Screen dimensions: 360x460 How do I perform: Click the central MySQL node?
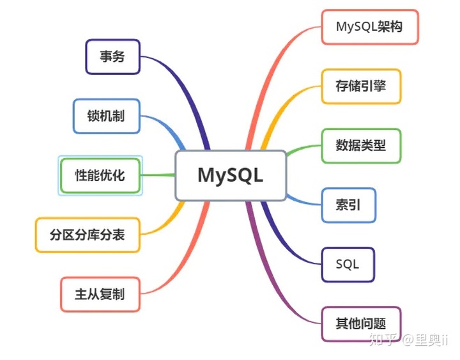click(231, 175)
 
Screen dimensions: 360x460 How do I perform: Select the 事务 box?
click(112, 56)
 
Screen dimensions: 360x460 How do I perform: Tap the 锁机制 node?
click(106, 116)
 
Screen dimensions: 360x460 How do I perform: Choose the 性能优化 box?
click(100, 175)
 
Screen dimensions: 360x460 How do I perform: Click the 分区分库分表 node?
click(87, 235)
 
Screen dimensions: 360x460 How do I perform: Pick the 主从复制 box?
click(100, 294)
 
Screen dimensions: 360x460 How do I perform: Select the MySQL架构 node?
click(369, 27)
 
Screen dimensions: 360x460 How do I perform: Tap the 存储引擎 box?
click(361, 86)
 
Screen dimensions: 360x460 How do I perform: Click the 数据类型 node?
click(361, 146)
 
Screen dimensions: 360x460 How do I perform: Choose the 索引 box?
click(348, 205)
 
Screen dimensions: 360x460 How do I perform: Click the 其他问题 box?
click(361, 324)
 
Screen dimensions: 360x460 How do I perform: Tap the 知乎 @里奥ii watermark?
click(409, 340)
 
